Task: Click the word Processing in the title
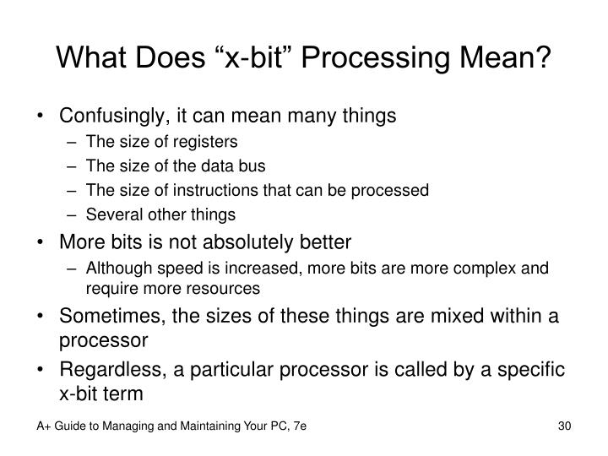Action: [375, 58]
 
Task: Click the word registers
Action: [205, 143]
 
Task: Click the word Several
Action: [114, 214]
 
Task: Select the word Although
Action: [119, 269]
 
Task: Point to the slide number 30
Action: [565, 426]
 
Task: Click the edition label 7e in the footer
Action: [300, 426]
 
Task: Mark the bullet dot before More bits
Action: [40, 242]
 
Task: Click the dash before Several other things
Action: [71, 214]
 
